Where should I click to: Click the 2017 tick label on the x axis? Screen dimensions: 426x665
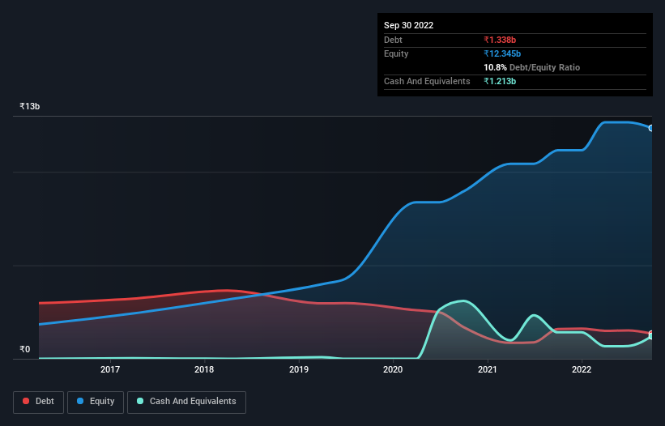click(110, 369)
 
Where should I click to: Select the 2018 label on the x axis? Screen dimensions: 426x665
click(204, 369)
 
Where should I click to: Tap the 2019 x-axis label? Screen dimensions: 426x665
click(299, 369)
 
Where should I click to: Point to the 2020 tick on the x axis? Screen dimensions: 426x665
click(393, 369)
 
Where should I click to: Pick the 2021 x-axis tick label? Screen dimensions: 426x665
click(488, 369)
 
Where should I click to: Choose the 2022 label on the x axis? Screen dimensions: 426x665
click(582, 369)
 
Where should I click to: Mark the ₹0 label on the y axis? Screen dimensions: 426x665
click(25, 350)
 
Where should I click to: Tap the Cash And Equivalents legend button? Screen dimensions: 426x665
click(186, 401)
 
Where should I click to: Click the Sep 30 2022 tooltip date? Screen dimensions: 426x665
click(408, 25)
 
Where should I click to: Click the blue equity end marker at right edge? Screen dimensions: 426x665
click(650, 128)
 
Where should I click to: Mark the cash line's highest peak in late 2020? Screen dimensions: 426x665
click(463, 301)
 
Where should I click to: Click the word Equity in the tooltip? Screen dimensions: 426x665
click(396, 53)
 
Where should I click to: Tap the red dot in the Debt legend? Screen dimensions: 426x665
click(27, 401)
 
